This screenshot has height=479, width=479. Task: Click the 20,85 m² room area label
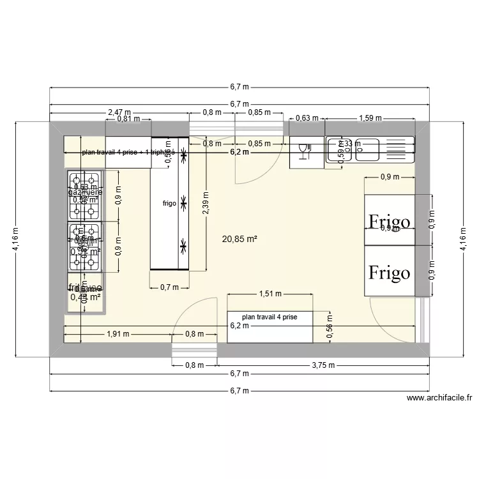point(240,240)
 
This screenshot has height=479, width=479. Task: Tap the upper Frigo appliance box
point(389,220)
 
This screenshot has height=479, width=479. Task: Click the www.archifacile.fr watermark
point(440,398)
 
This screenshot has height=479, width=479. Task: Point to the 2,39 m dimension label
point(206,203)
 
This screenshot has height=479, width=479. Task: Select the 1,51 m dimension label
point(270,294)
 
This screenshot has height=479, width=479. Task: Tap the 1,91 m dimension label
point(119,333)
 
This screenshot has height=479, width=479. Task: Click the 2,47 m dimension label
point(119,112)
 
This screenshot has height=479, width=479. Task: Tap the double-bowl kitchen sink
point(369,151)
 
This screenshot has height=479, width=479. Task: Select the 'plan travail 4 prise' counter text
point(269,317)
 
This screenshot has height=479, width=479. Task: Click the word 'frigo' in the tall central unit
point(169,204)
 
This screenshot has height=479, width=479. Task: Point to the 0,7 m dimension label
point(169,287)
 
